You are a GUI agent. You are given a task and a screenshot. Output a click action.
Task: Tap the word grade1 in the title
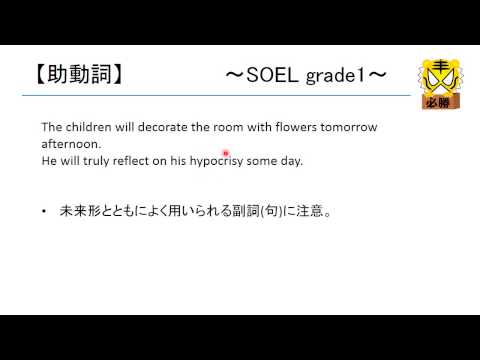point(335,75)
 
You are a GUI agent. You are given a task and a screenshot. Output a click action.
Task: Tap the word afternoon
point(66,144)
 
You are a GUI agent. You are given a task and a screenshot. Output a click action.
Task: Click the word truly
point(105,160)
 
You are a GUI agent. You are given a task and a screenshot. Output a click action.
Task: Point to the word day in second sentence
point(319,160)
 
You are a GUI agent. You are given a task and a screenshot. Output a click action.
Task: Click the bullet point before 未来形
point(45,212)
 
